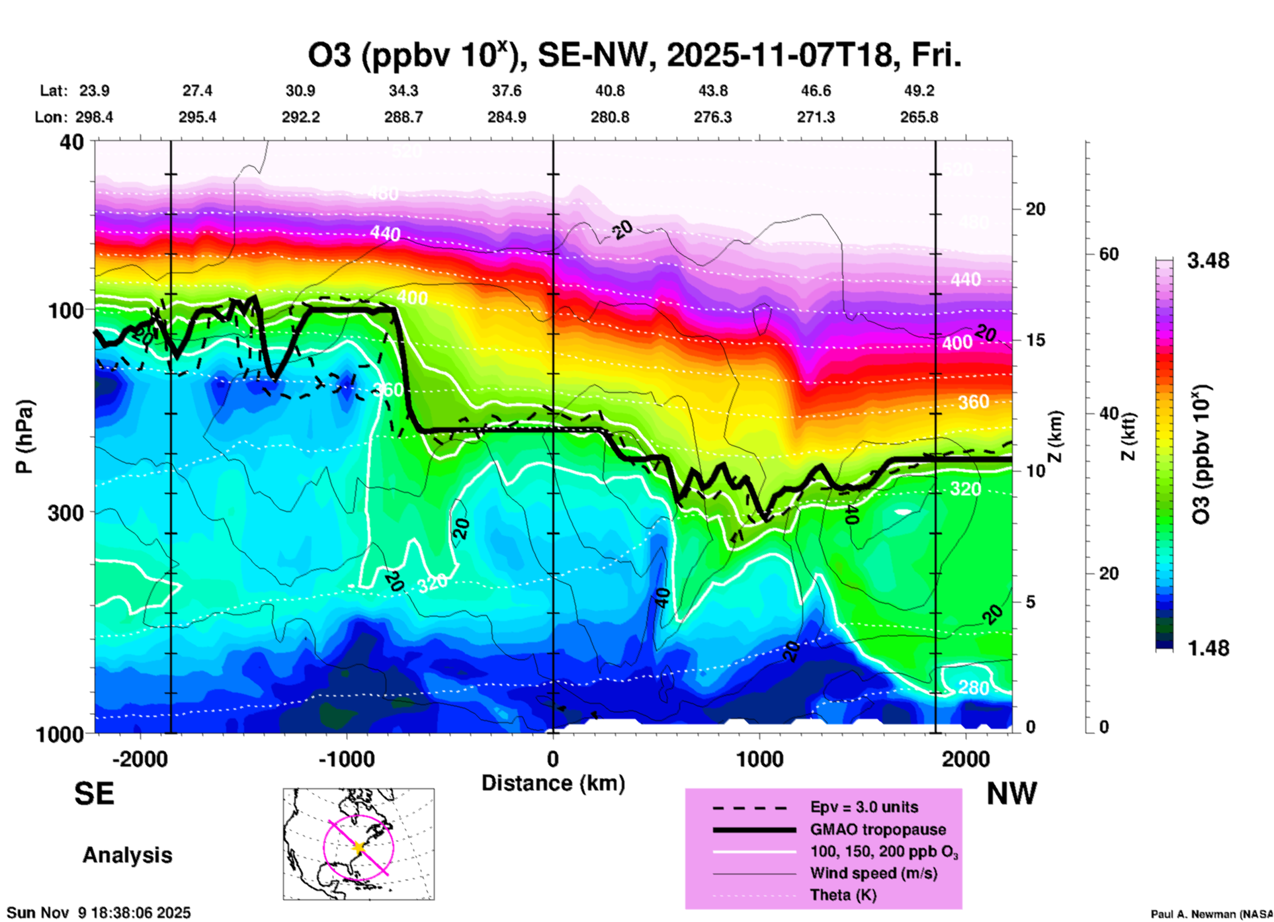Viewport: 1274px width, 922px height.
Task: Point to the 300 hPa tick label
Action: (x=66, y=513)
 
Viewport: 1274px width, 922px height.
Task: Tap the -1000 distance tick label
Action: (x=346, y=759)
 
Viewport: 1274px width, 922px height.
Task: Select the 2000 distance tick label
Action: (x=966, y=759)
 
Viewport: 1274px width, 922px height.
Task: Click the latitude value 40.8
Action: (x=609, y=91)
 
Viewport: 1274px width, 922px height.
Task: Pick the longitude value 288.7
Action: (x=403, y=117)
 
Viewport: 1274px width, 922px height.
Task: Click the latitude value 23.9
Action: (x=95, y=91)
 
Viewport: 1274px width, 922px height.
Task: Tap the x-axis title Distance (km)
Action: (x=553, y=783)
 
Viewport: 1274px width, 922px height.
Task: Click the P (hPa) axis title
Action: (x=24, y=437)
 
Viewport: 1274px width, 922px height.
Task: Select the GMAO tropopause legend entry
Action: (x=878, y=829)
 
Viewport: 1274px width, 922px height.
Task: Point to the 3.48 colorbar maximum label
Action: (x=1208, y=261)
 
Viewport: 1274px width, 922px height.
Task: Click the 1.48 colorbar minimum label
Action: (x=1208, y=648)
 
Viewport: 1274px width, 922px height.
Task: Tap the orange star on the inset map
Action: (x=359, y=847)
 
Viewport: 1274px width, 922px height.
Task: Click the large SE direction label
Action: (x=94, y=794)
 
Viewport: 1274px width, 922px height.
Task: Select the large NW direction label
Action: (x=1011, y=794)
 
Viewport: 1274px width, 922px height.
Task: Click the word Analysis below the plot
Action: (x=127, y=855)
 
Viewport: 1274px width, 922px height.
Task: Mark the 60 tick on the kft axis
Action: (x=1109, y=254)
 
